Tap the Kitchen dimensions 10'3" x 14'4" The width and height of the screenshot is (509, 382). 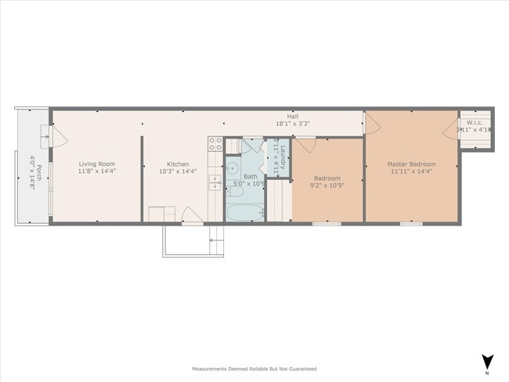178,171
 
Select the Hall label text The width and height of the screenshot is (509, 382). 292,116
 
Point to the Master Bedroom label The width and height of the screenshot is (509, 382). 411,164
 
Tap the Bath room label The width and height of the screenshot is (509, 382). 250,177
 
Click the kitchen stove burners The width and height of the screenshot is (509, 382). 215,145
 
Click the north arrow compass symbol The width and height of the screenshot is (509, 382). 487,362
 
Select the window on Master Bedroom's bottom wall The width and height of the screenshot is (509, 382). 411,225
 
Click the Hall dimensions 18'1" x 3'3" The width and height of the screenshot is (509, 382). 292,124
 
